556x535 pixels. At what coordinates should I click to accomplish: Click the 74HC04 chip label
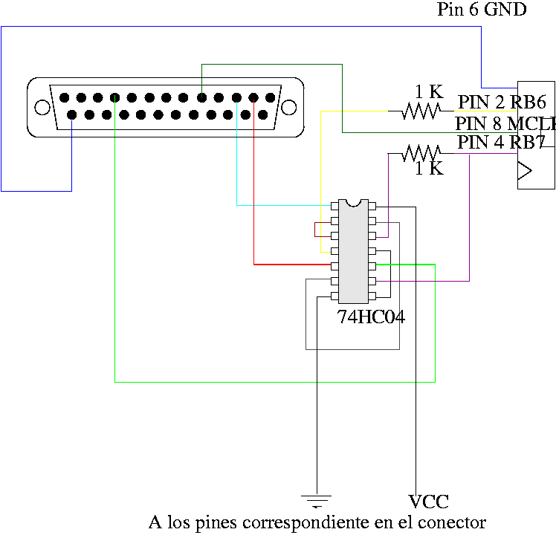(371, 317)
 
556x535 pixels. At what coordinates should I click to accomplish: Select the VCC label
(428, 502)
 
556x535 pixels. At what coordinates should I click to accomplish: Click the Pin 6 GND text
(481, 10)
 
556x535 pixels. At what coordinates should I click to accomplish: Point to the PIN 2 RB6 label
(502, 103)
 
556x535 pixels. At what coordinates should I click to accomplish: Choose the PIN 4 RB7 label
(502, 142)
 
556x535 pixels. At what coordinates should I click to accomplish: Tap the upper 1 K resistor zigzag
(421, 111)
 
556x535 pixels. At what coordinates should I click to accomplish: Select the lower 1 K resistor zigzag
(421, 154)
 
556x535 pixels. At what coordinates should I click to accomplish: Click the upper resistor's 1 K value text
(428, 92)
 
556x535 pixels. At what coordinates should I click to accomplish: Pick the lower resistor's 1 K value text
(428, 169)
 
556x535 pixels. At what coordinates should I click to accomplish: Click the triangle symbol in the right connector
(526, 171)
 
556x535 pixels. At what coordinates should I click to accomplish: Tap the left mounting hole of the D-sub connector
(42, 107)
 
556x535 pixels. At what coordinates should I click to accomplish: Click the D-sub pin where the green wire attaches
(115, 97)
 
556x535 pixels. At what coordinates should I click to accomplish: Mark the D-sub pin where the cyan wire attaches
(236, 97)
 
